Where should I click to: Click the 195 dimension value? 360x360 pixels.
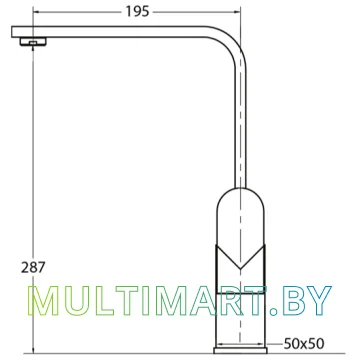137,12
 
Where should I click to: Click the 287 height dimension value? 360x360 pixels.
32,267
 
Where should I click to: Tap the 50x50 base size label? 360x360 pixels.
303,343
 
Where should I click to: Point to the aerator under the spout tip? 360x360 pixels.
33,42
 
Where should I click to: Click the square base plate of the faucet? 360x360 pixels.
240,350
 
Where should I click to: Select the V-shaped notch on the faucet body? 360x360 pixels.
240,258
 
